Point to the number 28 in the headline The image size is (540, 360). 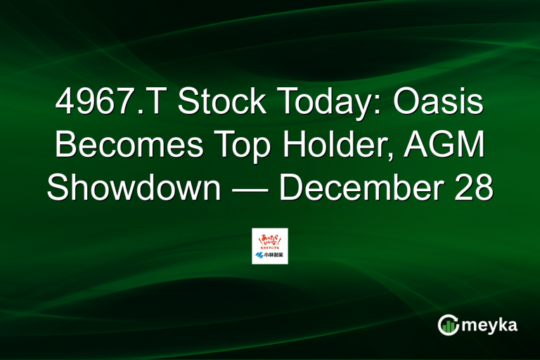(471, 188)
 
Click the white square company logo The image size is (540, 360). (270, 246)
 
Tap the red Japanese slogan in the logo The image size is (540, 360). (270, 240)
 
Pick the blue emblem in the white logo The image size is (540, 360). (260, 256)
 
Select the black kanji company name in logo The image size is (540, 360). (274, 256)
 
